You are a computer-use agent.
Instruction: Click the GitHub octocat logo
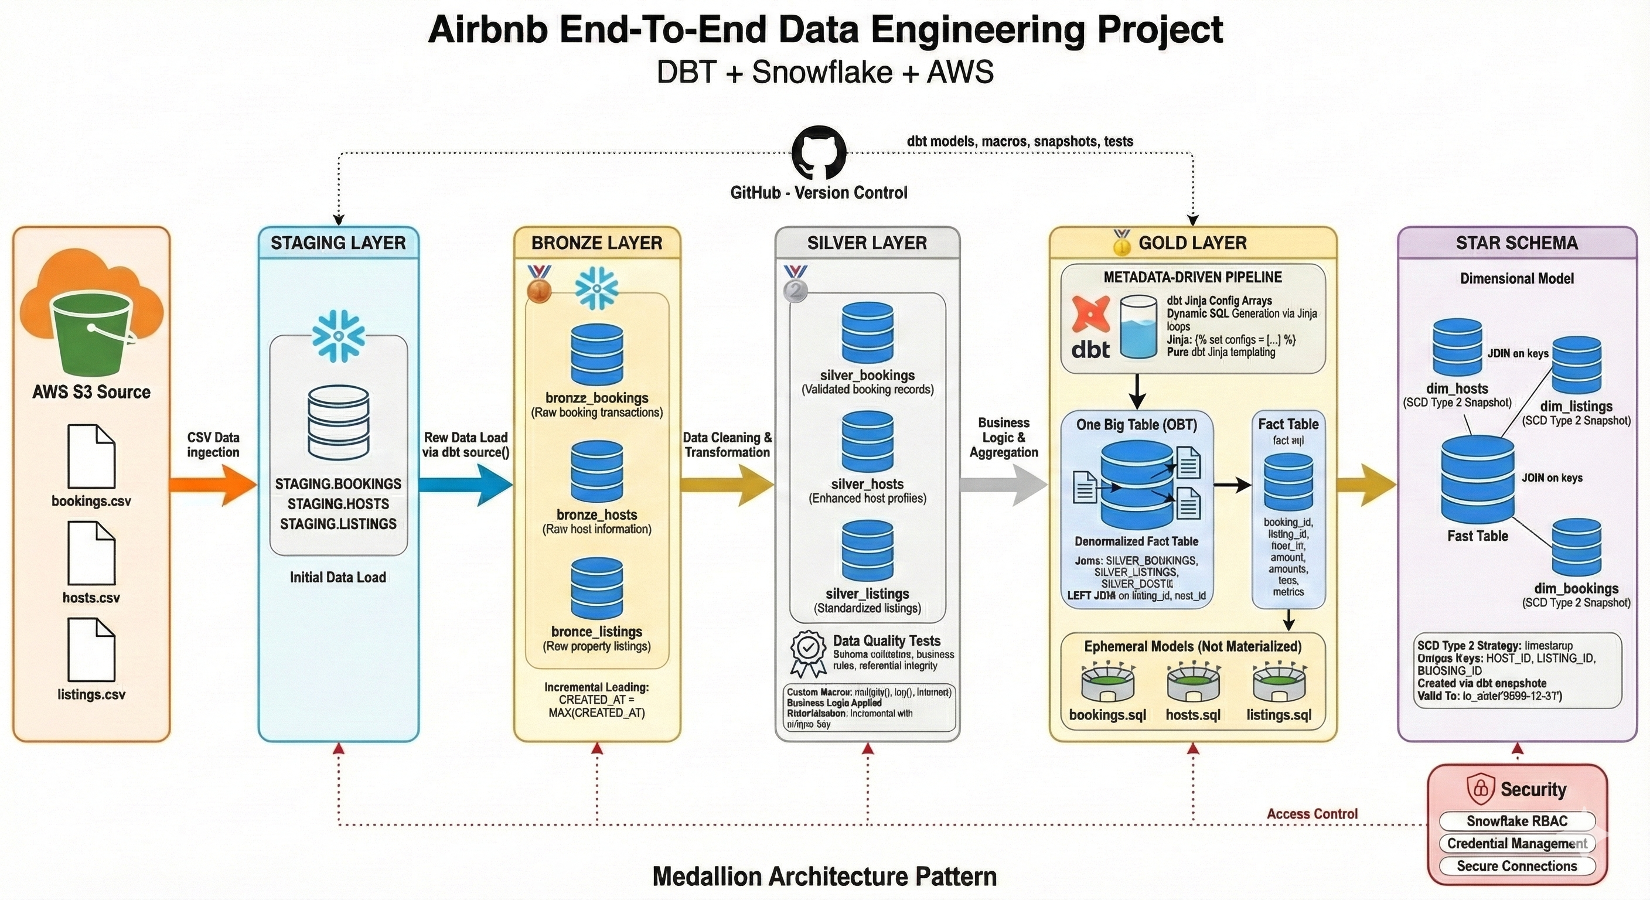coord(819,153)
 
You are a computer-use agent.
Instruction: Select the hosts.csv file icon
coord(91,553)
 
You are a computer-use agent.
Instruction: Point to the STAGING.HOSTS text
coord(338,504)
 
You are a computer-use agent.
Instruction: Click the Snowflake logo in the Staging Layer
coord(338,335)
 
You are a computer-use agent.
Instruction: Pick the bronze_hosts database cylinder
coord(596,472)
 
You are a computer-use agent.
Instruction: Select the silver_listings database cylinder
coord(867,551)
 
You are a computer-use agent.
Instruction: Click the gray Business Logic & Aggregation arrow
coord(1003,485)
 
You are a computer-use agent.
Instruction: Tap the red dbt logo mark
coord(1090,317)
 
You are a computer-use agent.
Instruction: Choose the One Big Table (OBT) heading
coord(1136,425)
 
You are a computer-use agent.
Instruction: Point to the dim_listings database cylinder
coord(1576,365)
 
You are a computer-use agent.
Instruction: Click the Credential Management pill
coord(1516,844)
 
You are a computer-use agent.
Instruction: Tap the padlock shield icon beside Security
coord(1480,789)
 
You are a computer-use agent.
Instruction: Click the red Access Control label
coord(1312,813)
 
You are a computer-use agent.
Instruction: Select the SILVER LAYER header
coord(867,243)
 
